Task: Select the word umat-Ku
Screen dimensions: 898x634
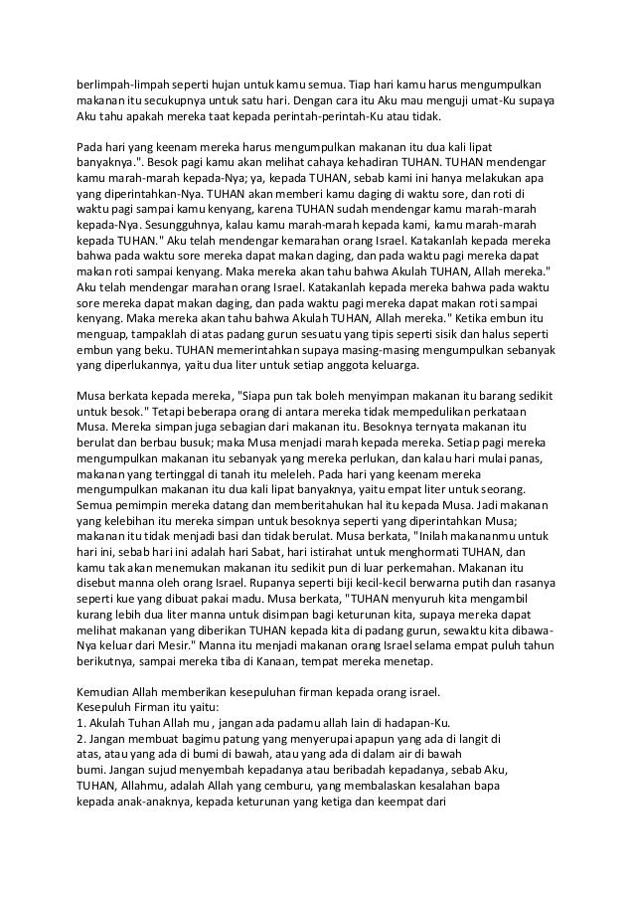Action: point(515,100)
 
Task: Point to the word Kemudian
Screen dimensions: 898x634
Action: point(105,693)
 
